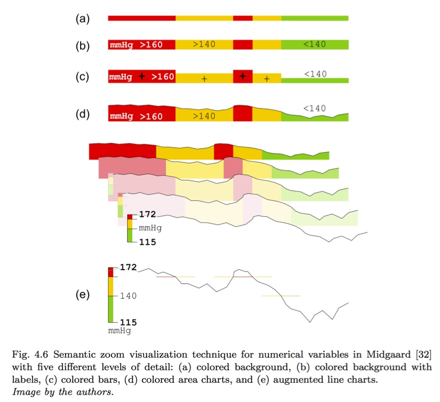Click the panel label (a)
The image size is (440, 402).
[83, 19]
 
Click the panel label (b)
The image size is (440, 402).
[83, 46]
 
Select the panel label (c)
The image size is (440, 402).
[83, 77]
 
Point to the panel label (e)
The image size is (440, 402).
[83, 295]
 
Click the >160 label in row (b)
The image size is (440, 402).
[151, 45]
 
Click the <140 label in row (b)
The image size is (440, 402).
[315, 44]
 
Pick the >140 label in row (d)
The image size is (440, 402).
[204, 116]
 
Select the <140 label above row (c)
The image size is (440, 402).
[315, 74]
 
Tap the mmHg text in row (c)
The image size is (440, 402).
[120, 77]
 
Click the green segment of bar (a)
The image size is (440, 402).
[315, 18]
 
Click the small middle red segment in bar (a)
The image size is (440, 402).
[243, 18]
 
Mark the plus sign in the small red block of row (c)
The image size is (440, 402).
[243, 76]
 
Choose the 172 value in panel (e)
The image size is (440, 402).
[128, 267]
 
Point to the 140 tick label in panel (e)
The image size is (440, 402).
[128, 296]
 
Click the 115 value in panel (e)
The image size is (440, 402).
[128, 323]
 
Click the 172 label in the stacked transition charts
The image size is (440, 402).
[148, 214]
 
